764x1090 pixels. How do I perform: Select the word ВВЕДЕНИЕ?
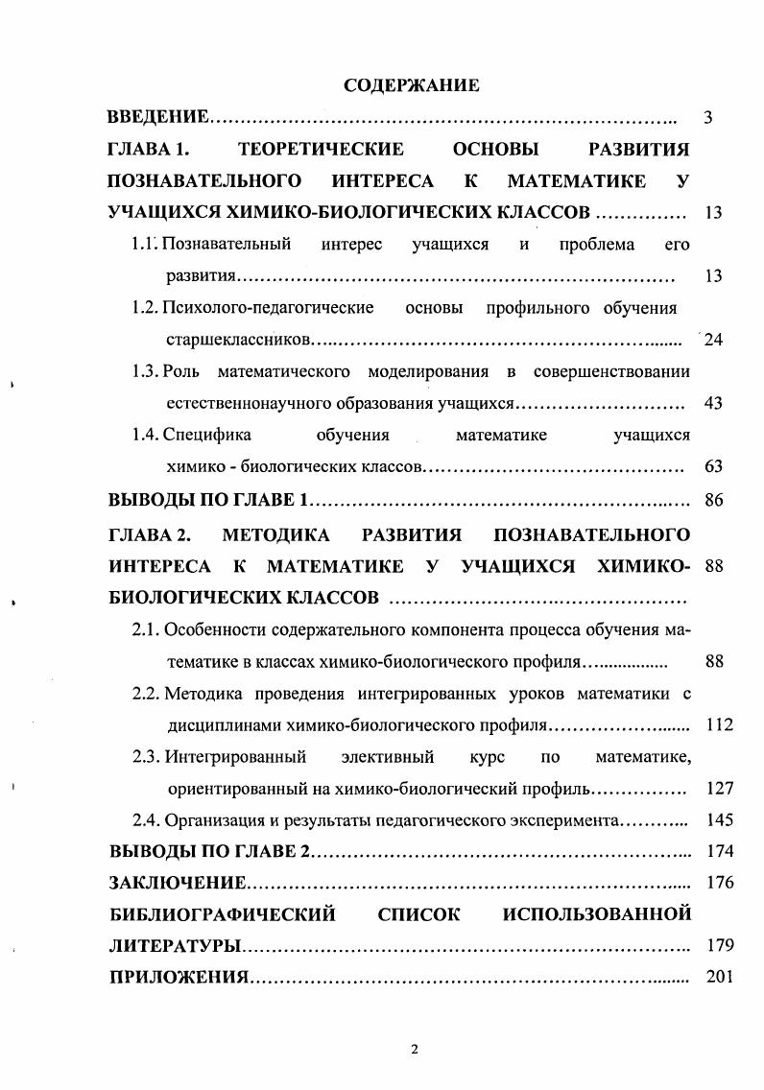(x=157, y=119)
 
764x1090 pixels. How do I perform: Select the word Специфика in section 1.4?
(x=205, y=435)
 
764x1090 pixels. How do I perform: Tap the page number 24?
(x=712, y=340)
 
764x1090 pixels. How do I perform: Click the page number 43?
(x=712, y=403)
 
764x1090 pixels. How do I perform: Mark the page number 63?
(x=712, y=467)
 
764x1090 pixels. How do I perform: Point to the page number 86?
(x=712, y=500)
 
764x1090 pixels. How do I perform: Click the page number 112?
(x=718, y=724)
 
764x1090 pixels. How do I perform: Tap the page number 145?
(x=718, y=820)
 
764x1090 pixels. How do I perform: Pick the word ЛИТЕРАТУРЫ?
(x=174, y=946)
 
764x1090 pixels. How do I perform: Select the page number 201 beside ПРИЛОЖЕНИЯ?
(x=718, y=978)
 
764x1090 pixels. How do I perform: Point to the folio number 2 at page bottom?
(x=415, y=1048)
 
